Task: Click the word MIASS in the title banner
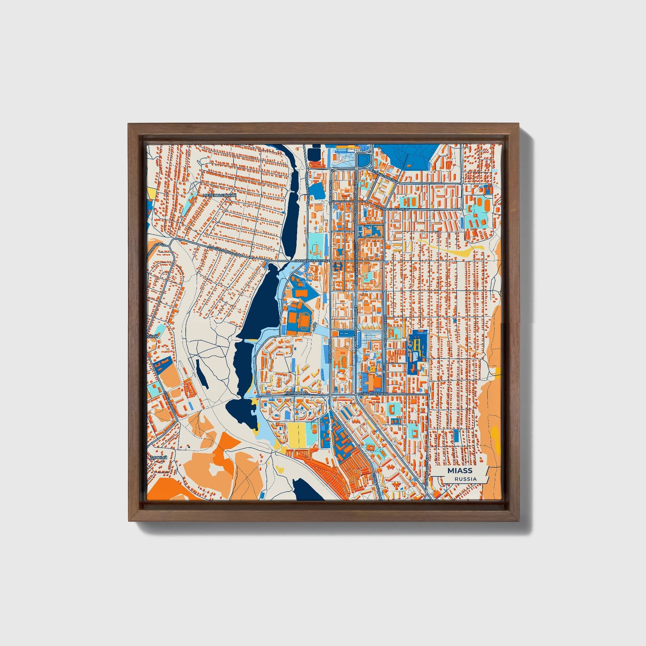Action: [x=460, y=471]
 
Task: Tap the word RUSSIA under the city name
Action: [x=465, y=479]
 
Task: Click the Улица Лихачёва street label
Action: [x=373, y=393]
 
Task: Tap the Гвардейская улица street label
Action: [x=312, y=260]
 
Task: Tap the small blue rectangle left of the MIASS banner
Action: [x=456, y=435]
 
